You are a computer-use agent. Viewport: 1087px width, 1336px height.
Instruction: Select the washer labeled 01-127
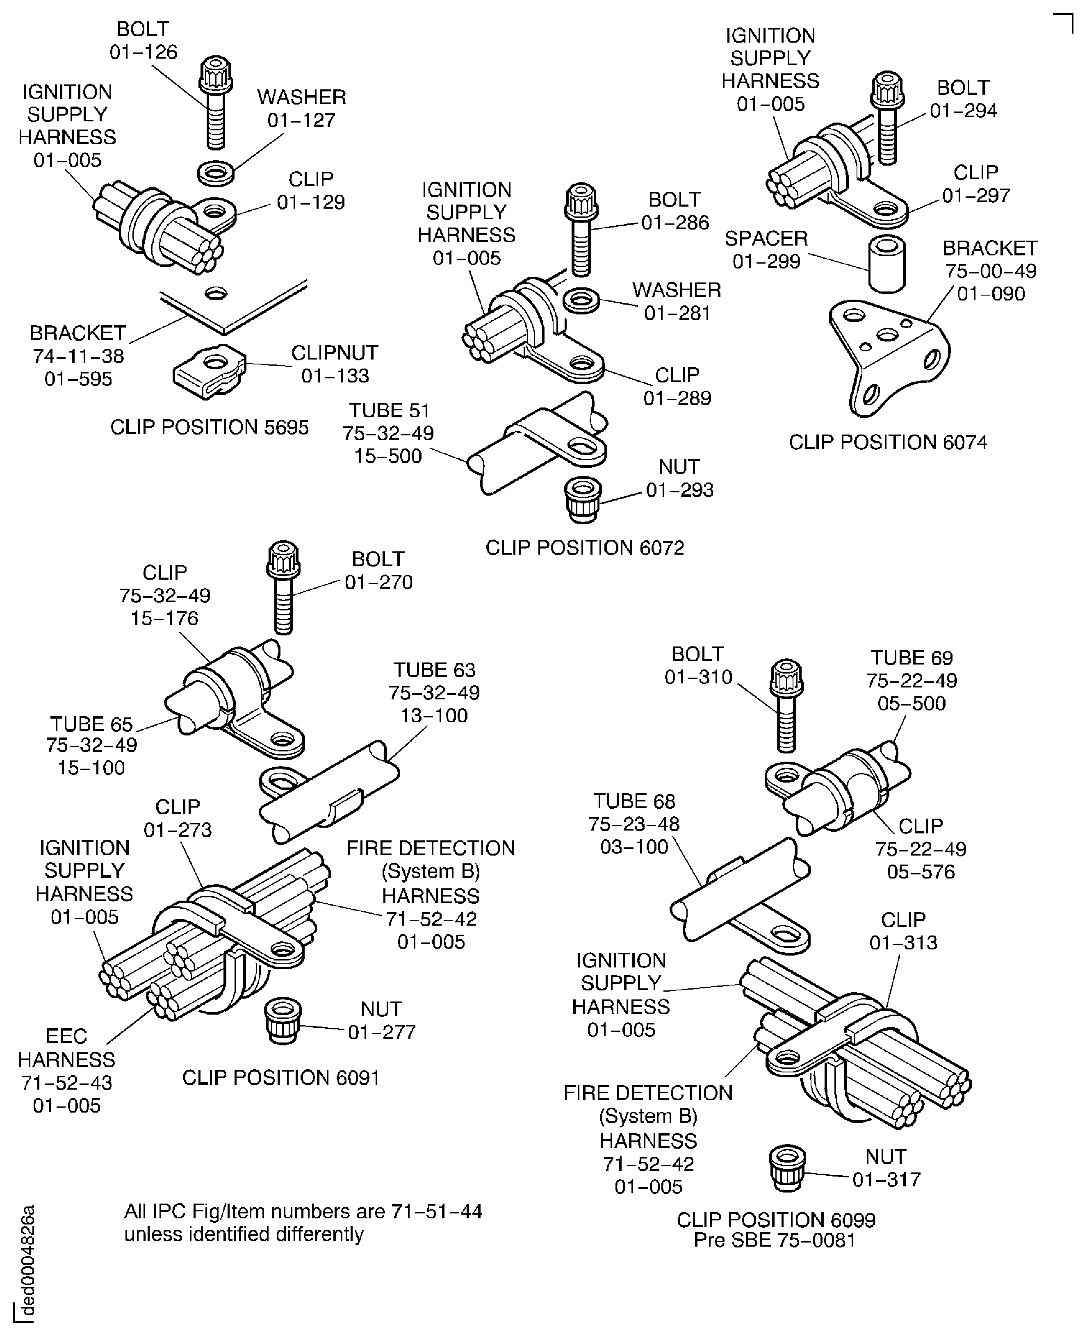[215, 172]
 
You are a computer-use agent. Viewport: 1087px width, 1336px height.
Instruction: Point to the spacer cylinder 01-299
[886, 265]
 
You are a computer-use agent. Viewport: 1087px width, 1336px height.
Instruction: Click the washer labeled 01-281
[581, 300]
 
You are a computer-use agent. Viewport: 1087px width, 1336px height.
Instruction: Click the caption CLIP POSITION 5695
[209, 428]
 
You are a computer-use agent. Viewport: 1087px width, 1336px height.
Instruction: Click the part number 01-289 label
[677, 398]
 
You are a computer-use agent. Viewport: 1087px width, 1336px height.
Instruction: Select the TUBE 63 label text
[434, 670]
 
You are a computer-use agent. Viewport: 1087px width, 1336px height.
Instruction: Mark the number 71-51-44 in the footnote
[436, 1211]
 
